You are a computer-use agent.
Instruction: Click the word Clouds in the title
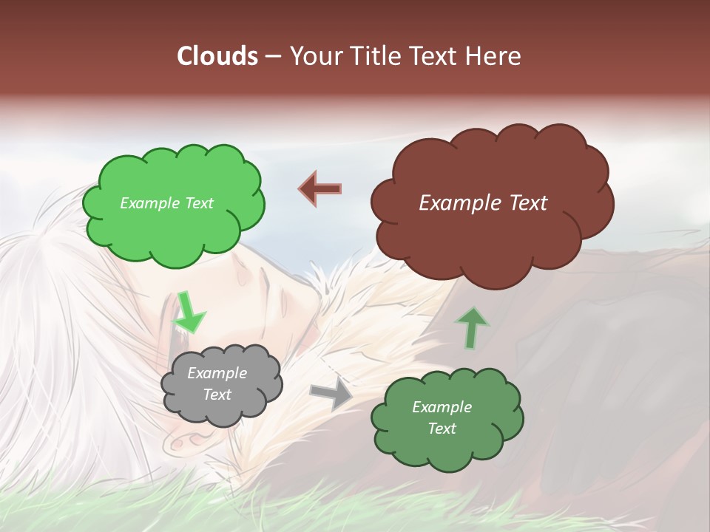click(x=217, y=56)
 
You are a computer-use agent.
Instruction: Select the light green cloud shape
click(x=173, y=222)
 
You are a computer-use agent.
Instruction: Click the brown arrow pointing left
click(x=320, y=188)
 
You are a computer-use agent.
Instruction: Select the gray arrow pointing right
click(x=331, y=395)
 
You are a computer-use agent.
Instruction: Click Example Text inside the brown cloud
click(x=483, y=203)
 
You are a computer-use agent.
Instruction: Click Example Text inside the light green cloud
click(x=166, y=203)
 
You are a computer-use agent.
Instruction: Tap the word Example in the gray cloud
click(x=217, y=373)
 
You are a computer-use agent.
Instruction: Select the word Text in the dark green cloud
click(x=442, y=429)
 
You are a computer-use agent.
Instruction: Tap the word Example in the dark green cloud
click(x=442, y=407)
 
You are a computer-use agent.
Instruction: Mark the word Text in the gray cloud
click(x=217, y=395)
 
